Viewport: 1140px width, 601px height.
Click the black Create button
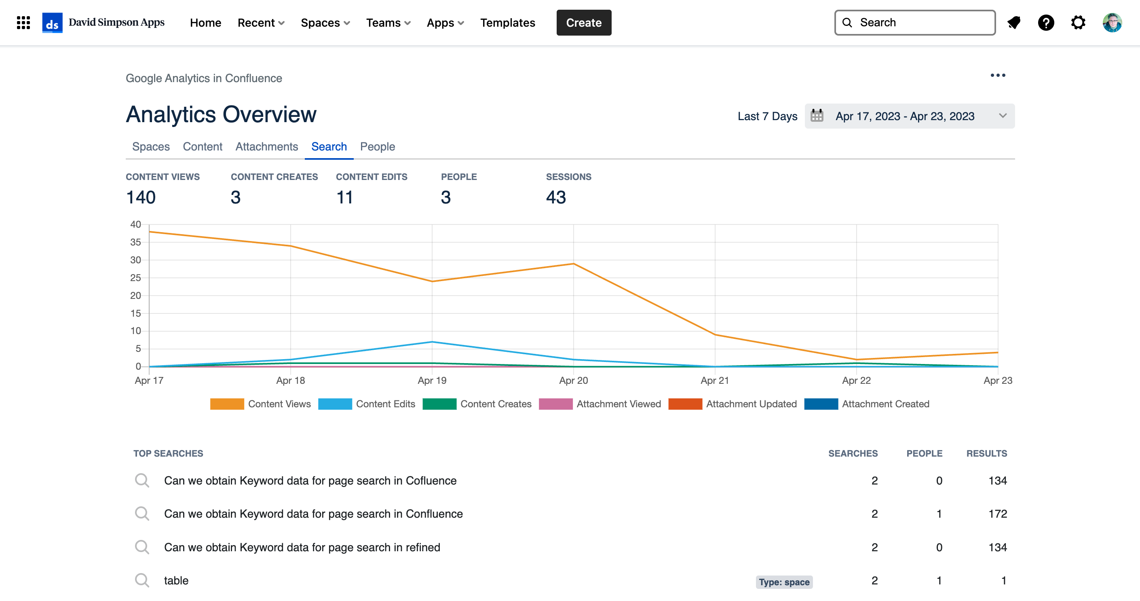click(x=584, y=23)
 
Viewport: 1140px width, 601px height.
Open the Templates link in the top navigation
click(x=508, y=23)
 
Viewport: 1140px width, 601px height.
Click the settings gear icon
click(x=1078, y=23)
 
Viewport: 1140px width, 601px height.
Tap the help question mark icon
click(x=1046, y=23)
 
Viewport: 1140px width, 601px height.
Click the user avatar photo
click(x=1112, y=23)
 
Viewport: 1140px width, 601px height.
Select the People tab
click(x=378, y=146)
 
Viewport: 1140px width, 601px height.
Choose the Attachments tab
click(x=267, y=146)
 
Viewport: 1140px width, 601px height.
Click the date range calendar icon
click(x=817, y=116)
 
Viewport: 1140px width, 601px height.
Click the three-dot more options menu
click(x=998, y=75)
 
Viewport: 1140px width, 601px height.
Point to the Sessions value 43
click(x=556, y=197)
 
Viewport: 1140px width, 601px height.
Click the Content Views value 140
click(x=141, y=197)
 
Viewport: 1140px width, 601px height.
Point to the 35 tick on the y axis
click(x=135, y=242)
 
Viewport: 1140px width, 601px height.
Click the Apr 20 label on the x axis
click(x=574, y=381)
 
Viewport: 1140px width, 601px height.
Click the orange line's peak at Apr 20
click(x=574, y=264)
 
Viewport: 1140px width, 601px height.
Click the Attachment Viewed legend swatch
click(x=555, y=404)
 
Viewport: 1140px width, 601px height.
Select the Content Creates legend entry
click(x=477, y=404)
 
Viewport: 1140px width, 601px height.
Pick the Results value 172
click(x=998, y=514)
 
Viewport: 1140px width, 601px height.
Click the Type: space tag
click(x=784, y=582)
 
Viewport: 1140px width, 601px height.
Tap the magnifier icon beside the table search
click(x=142, y=580)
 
